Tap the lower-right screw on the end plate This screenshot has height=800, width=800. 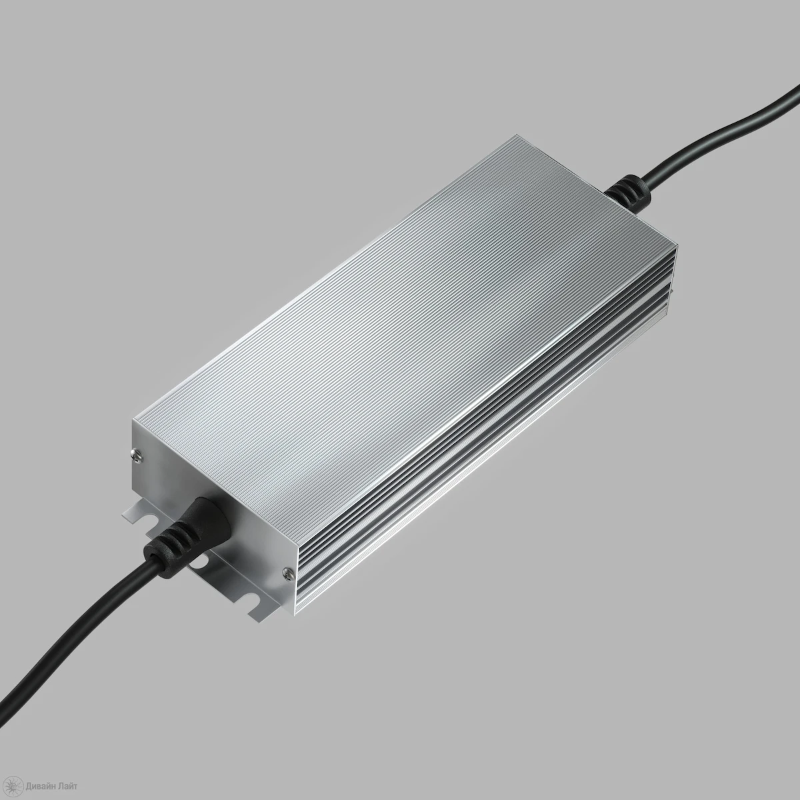[285, 573]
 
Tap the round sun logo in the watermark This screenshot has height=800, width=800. [15, 786]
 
